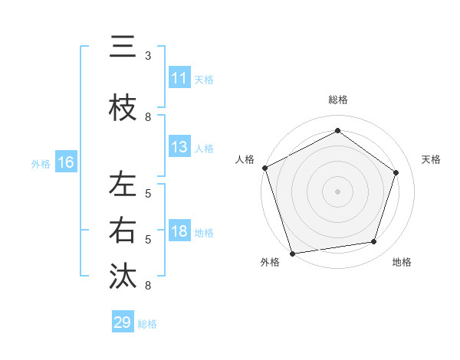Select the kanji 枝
click(123, 109)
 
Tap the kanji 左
click(123, 184)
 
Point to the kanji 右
click(123, 230)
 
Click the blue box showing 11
click(179, 78)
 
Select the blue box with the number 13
click(179, 147)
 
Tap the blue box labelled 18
click(179, 232)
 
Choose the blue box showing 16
click(65, 162)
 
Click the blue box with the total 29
click(123, 322)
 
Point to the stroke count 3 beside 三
click(148, 56)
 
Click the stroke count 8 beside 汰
click(148, 286)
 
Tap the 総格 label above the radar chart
click(337, 100)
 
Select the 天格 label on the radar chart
click(432, 159)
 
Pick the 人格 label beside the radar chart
click(245, 159)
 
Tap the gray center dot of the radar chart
click(337, 191)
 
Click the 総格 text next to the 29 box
click(147, 324)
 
